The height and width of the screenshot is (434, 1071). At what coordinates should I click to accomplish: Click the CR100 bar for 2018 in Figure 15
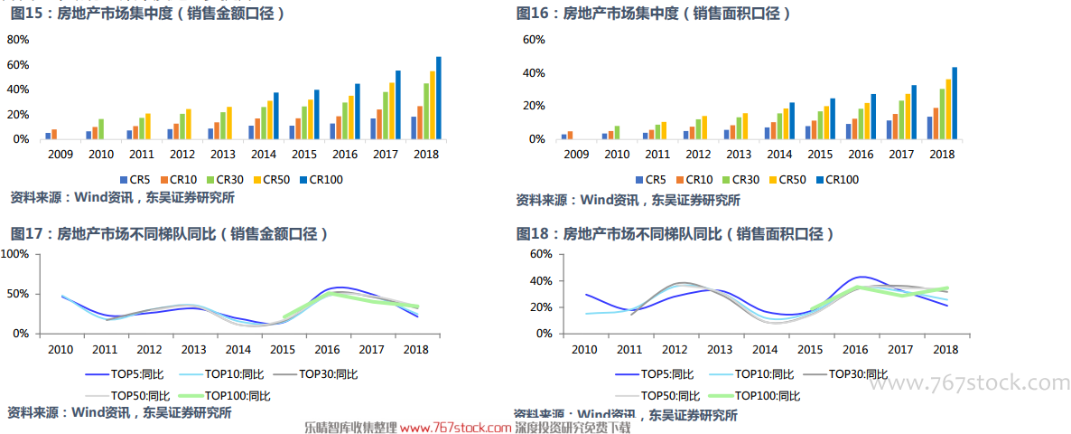439,98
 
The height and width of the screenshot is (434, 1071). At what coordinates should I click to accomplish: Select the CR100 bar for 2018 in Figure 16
955,103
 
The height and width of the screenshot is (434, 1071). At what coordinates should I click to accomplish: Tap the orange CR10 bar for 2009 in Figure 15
54,134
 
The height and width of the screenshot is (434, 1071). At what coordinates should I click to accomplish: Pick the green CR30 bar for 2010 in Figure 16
618,132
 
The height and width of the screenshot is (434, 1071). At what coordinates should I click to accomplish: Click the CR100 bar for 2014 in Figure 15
276,116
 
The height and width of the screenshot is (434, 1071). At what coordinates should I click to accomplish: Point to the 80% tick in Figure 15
18,40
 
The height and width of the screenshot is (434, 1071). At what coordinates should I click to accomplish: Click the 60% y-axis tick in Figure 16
534,40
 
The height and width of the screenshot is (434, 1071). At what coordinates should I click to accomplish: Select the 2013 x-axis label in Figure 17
193,350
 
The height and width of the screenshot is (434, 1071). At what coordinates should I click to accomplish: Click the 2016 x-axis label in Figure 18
855,350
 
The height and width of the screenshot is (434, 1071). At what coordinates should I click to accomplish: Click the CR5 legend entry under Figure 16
655,180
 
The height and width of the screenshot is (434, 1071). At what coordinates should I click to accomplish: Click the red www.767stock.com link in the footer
455,427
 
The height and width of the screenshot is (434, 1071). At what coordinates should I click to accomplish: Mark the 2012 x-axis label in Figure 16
699,155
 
